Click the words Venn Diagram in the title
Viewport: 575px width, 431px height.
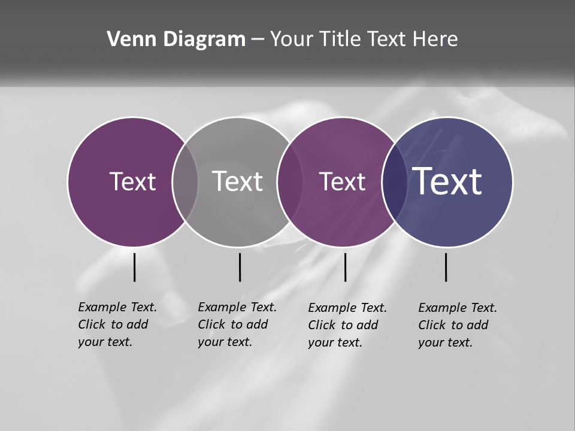[176, 40]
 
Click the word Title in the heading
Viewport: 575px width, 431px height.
[341, 40]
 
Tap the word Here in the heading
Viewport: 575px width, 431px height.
[435, 40]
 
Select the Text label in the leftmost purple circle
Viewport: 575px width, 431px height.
[132, 181]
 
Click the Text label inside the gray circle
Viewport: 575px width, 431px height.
[237, 181]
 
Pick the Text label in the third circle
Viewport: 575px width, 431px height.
[342, 181]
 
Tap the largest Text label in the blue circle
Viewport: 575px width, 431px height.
[447, 181]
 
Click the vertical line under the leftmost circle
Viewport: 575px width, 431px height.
[134, 267]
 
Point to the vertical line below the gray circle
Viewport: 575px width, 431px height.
[240, 267]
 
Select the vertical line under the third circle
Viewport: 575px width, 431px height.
[345, 267]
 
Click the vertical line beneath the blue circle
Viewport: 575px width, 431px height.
[446, 267]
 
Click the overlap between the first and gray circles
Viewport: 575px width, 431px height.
[185, 181]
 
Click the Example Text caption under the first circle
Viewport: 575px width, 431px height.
[117, 324]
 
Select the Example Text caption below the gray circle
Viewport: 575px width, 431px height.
[237, 324]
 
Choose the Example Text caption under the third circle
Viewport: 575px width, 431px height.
[347, 325]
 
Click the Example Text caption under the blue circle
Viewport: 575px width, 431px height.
[458, 325]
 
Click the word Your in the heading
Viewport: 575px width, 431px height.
[292, 40]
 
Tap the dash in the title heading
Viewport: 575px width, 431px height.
[258, 40]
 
